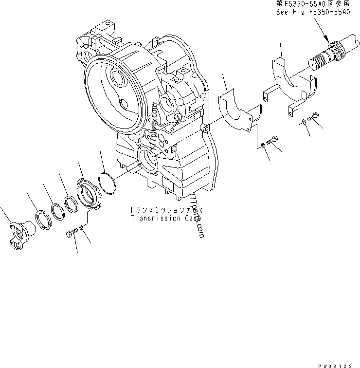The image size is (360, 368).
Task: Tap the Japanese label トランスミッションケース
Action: [x=165, y=210]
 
